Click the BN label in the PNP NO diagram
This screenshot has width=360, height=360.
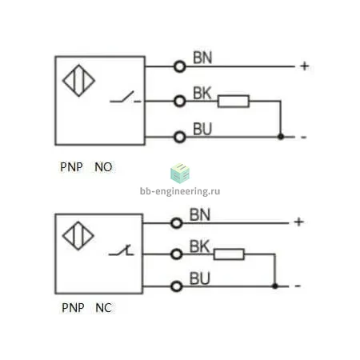pyautogui.click(x=202, y=58)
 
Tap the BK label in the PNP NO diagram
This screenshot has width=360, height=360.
pyautogui.click(x=202, y=93)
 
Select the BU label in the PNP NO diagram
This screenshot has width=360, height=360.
pyautogui.click(x=202, y=129)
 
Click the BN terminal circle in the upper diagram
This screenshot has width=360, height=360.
pyautogui.click(x=180, y=66)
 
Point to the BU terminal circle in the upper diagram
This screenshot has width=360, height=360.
pyautogui.click(x=180, y=137)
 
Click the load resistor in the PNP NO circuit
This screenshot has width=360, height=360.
pyautogui.click(x=234, y=102)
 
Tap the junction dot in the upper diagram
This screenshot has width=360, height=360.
pyautogui.click(x=281, y=137)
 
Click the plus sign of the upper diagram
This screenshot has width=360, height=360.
pyautogui.click(x=305, y=66)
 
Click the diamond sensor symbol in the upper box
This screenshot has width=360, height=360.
pyautogui.click(x=78, y=81)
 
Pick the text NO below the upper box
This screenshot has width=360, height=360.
pyautogui.click(x=103, y=167)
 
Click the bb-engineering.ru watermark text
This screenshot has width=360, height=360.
pyautogui.click(x=180, y=191)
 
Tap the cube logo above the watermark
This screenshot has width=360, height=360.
pyautogui.click(x=180, y=174)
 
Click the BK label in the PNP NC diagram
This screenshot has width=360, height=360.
pyautogui.click(x=199, y=246)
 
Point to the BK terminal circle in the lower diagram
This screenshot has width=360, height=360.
pyautogui.click(x=176, y=254)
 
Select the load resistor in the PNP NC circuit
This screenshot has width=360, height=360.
pyautogui.click(x=229, y=254)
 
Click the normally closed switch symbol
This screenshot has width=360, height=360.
pyautogui.click(x=122, y=250)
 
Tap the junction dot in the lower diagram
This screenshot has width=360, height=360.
pyautogui.click(x=275, y=286)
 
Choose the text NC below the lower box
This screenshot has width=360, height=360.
pyautogui.click(x=104, y=308)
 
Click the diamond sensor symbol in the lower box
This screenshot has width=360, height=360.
pyautogui.click(x=78, y=236)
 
